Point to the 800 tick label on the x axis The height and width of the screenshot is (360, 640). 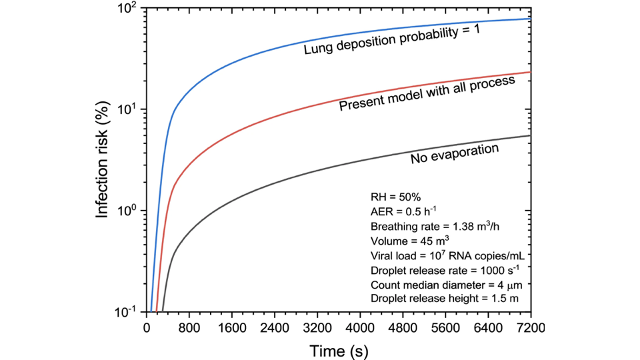[x=189, y=327]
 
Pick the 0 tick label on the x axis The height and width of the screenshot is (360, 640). [x=147, y=327]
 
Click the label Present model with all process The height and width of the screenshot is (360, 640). [x=427, y=93]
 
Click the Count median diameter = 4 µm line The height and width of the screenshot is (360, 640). [x=437, y=285]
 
